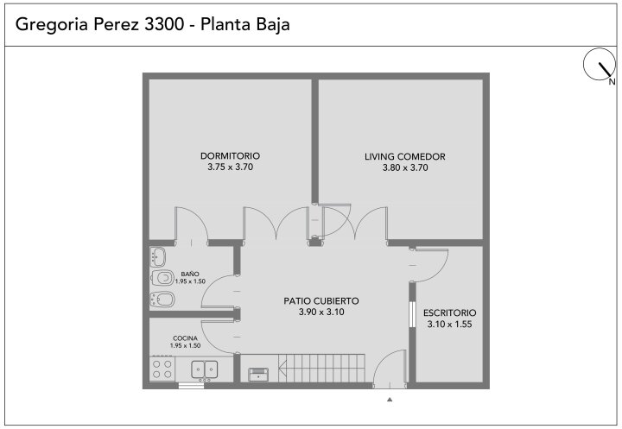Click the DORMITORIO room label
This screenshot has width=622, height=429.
point(230,156)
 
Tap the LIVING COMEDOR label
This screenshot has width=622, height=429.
point(405,156)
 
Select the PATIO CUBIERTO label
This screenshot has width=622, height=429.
point(321,301)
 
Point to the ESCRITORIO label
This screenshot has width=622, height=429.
point(449,312)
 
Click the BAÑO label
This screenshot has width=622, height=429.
point(190,274)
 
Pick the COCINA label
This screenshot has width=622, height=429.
point(185,338)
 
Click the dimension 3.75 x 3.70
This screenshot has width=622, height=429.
point(230,167)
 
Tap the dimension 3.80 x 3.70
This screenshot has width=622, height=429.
point(405,167)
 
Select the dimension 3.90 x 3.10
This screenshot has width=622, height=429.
point(321,312)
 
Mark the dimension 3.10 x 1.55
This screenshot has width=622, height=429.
point(449,325)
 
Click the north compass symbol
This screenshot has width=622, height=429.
point(600,65)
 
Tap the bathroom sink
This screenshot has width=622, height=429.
point(158,257)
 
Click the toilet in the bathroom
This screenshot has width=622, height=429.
point(162,278)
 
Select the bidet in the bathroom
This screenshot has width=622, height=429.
point(162,300)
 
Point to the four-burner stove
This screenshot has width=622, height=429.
point(162,369)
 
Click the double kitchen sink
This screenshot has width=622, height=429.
point(204,369)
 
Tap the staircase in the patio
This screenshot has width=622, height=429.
point(321,368)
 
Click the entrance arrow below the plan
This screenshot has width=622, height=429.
point(390,400)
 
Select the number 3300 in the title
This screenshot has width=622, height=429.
point(164,24)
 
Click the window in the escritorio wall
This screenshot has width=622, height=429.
point(412,314)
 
